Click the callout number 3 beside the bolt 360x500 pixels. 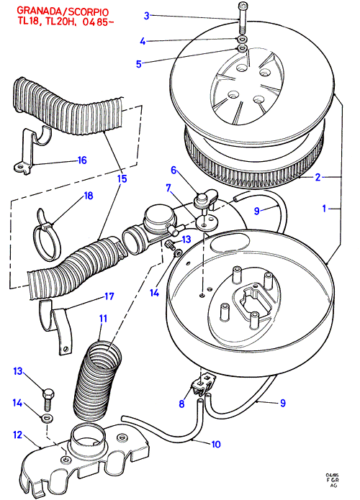click(146, 16)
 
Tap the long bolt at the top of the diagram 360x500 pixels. click(242, 17)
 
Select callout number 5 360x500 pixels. click(138, 64)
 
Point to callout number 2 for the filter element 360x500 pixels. click(318, 177)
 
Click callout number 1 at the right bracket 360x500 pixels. click(324, 209)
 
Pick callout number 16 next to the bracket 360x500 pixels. click(82, 160)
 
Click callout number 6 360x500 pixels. click(174, 171)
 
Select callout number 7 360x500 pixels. click(168, 188)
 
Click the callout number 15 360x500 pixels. click(122, 178)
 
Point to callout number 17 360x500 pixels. click(109, 296)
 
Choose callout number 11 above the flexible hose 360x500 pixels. click(103, 319)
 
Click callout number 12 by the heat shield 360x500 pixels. click(18, 435)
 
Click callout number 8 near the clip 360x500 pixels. click(181, 404)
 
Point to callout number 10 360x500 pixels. click(216, 444)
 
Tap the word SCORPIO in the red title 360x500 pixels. click(89, 12)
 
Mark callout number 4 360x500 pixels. click(143, 41)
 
